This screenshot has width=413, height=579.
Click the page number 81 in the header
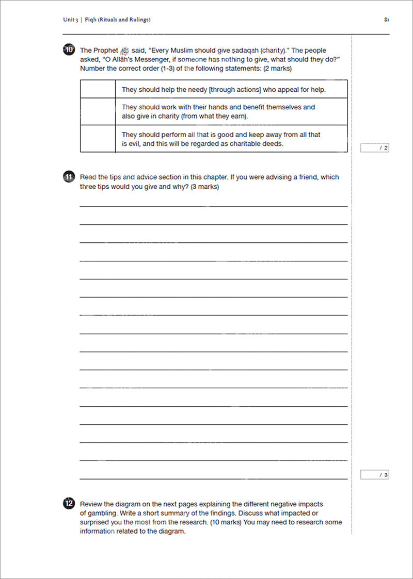[x=386, y=20]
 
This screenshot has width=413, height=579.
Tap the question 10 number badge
[x=69, y=50]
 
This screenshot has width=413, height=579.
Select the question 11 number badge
[x=69, y=177]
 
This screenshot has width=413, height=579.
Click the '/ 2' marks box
[x=375, y=148]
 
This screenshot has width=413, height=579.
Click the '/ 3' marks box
[x=375, y=475]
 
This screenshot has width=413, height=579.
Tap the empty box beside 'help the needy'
[x=98, y=89]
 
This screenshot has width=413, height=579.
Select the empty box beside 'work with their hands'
[x=98, y=112]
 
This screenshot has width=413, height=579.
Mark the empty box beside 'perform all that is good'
[x=98, y=139]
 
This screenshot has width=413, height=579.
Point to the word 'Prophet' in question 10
[x=105, y=51]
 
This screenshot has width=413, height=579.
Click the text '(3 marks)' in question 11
[x=205, y=187]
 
